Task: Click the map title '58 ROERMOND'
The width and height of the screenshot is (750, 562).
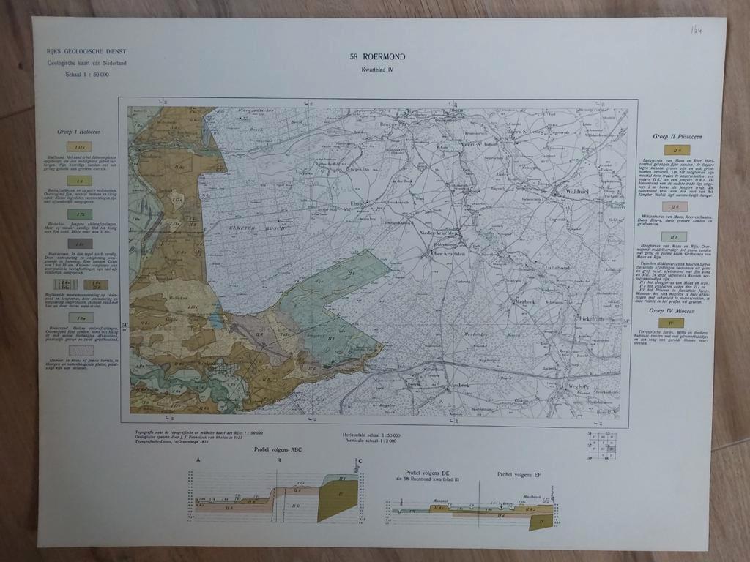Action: coord(378,56)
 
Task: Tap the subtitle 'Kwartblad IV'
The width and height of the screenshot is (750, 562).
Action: coord(378,70)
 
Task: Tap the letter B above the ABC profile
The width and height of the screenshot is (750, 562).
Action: coord(278,460)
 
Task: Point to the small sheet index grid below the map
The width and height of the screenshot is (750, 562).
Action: coord(603,446)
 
